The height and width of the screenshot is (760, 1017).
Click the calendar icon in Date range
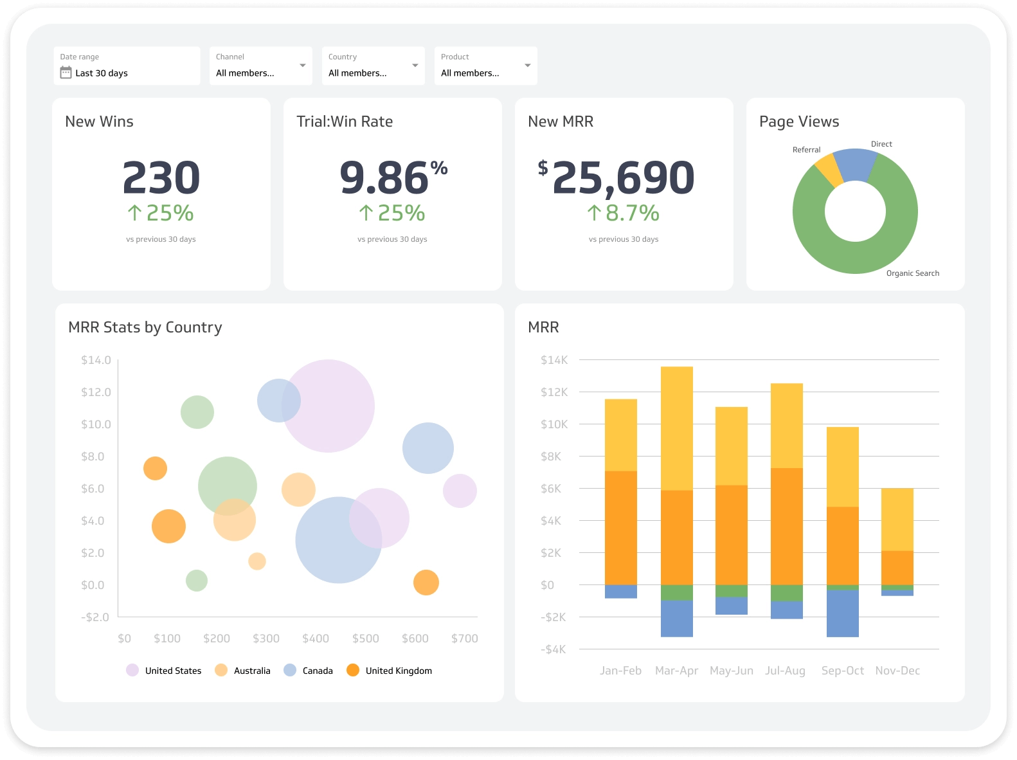66,73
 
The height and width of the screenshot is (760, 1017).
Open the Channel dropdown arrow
302,66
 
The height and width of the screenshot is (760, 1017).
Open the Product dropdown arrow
527,66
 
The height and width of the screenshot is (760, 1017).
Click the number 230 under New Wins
161,178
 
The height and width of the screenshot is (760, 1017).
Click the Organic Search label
912,273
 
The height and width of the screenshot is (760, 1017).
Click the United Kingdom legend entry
398,671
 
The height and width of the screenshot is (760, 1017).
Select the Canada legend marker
290,670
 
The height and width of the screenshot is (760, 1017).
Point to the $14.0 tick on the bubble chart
96,360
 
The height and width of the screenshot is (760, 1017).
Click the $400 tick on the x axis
316,638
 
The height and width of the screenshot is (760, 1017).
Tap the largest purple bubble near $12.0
328,406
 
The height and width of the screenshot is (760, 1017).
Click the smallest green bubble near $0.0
197,581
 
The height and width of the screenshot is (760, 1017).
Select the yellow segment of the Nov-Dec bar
897,520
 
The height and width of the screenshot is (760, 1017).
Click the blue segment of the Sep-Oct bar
842,613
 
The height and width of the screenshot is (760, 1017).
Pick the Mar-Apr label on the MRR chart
676,671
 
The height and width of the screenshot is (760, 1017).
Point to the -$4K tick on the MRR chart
553,649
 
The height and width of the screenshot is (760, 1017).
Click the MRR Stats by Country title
145,327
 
